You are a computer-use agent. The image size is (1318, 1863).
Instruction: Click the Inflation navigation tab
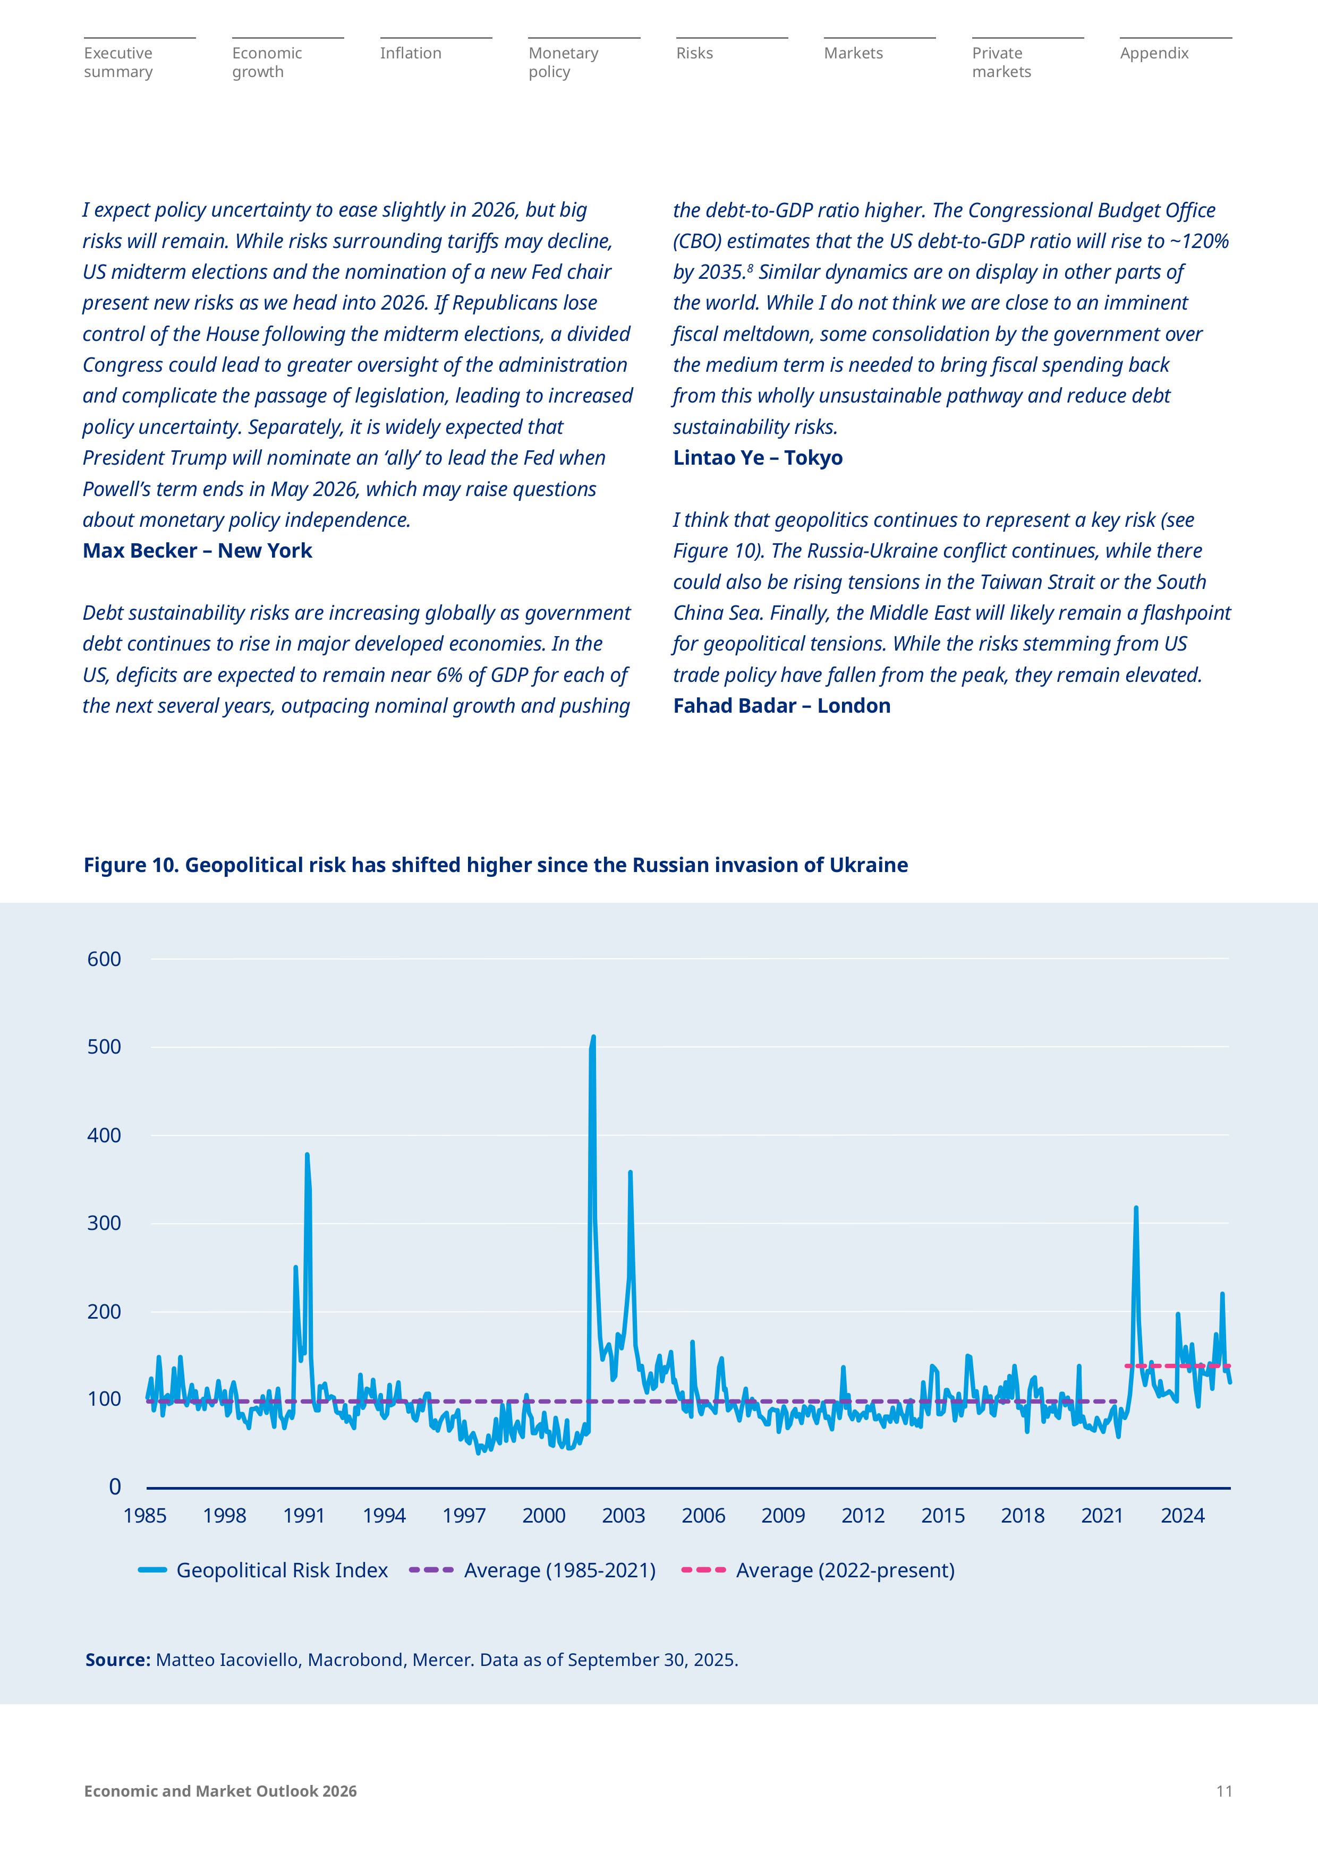[x=411, y=54]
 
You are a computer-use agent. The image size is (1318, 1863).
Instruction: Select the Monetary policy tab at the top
[x=563, y=63]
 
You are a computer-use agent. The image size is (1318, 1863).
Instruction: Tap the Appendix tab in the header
[x=1154, y=54]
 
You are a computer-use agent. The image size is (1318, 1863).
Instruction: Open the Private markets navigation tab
[x=1001, y=63]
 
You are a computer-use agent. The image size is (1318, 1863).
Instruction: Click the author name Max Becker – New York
[x=197, y=551]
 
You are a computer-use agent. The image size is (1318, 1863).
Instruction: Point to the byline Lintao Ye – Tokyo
[x=757, y=458]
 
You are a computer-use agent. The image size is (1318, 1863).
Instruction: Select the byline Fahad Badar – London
[x=781, y=706]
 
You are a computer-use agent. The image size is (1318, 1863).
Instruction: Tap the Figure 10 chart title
[x=495, y=865]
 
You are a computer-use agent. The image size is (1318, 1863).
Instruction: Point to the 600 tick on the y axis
[x=104, y=959]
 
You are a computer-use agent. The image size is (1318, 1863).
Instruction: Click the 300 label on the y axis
[x=104, y=1223]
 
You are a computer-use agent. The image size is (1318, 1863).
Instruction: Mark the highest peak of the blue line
[x=593, y=1037]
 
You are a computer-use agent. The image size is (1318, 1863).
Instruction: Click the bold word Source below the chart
[x=118, y=1660]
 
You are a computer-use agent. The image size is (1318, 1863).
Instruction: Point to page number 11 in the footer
[x=1224, y=1792]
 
